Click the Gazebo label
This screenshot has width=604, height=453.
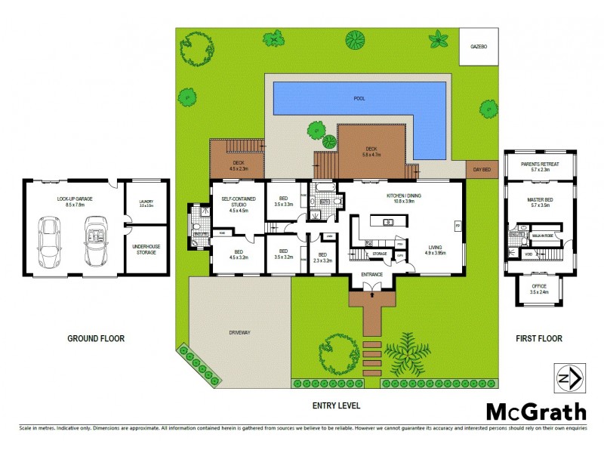coord(479,46)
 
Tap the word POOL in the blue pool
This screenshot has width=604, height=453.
coord(359,99)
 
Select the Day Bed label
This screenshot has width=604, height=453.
coord(481,170)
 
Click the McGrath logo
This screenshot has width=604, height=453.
coord(535,411)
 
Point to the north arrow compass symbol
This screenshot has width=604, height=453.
coord(568,378)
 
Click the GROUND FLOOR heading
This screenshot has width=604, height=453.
coord(96,339)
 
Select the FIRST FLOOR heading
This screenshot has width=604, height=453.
coord(539,339)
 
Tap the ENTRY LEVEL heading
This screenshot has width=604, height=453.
coord(336,405)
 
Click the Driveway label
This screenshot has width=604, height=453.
coord(239,332)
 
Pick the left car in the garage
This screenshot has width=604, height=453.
coord(50,240)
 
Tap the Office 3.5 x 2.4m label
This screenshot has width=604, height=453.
coord(539,288)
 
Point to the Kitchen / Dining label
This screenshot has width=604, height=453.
coord(400,199)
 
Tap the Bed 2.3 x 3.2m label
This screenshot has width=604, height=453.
coord(322,257)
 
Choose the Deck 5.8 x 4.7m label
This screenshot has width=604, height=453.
coord(371,151)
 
